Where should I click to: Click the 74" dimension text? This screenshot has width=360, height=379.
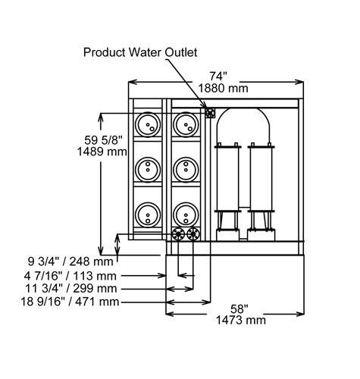(x=218, y=75)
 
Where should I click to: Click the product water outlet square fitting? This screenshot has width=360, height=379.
(x=210, y=112)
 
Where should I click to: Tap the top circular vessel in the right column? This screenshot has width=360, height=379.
(x=186, y=126)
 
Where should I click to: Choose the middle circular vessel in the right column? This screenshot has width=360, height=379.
(x=186, y=169)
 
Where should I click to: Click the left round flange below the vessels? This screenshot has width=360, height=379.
(x=179, y=234)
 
